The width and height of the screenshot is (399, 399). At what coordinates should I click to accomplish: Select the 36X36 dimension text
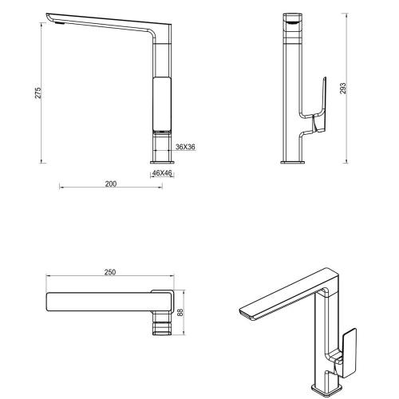point(185,147)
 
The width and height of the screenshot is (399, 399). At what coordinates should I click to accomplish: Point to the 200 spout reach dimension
point(111,184)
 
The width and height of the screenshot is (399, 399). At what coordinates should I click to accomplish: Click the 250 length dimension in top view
point(110,273)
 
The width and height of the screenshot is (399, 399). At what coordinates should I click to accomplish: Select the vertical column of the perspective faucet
point(328,327)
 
